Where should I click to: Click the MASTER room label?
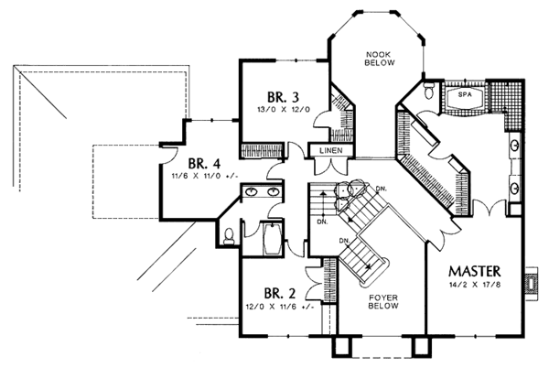click(474, 271)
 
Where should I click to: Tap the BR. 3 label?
click(284, 97)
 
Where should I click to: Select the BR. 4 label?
click(204, 164)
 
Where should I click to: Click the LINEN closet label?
click(331, 150)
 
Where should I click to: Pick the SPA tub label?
click(465, 94)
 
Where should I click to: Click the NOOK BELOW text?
click(380, 59)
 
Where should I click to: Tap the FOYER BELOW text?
click(383, 302)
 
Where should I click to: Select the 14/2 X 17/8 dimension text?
click(475, 285)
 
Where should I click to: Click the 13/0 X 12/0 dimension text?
click(284, 109)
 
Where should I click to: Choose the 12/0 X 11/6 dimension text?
click(279, 307)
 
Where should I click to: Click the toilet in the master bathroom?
click(429, 90)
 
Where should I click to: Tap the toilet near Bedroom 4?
click(229, 236)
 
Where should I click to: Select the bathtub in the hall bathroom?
click(273, 240)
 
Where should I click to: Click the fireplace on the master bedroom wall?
click(532, 283)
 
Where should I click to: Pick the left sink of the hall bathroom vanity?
click(251, 191)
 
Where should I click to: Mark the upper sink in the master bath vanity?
click(514, 146)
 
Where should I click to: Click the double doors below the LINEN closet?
click(331, 167)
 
